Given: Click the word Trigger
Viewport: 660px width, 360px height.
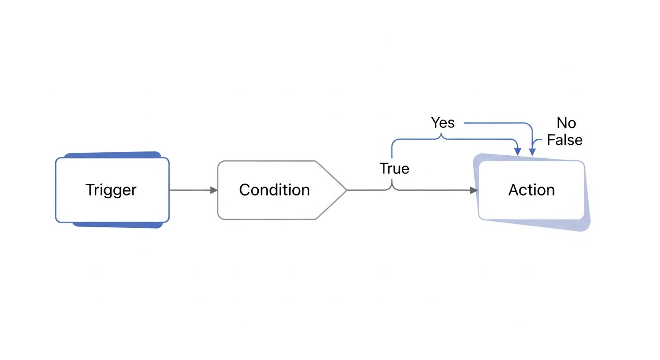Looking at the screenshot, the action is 111,190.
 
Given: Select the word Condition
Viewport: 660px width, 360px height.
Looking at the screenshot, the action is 274,190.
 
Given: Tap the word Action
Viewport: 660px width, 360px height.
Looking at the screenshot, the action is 532,190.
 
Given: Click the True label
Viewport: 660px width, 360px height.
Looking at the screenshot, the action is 394,168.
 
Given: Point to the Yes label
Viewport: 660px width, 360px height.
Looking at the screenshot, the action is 442,122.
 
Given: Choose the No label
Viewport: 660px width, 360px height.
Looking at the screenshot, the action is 566,123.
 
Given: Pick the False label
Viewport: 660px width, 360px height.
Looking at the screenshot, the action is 564,140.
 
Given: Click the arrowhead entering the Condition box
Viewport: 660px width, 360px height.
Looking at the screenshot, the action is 214,190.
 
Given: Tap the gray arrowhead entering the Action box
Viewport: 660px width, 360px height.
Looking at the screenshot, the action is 474,190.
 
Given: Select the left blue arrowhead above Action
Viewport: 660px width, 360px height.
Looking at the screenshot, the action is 517,152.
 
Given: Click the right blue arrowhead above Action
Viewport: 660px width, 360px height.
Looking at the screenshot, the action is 532,152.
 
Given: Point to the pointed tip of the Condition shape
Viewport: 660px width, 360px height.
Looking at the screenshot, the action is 346,190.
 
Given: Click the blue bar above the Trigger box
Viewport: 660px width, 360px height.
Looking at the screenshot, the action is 112,155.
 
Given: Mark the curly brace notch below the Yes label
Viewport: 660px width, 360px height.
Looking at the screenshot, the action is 441,135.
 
